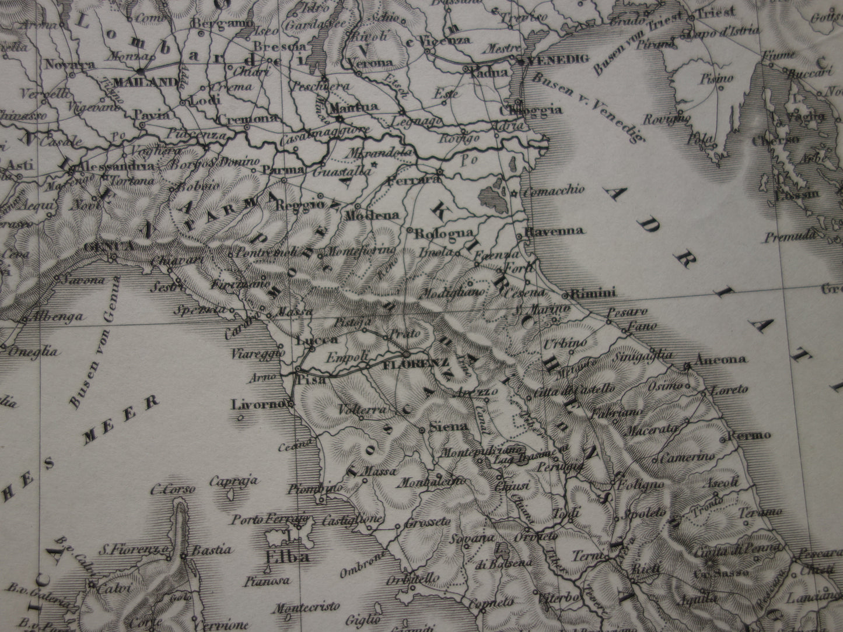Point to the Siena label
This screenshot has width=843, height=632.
[448, 427]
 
